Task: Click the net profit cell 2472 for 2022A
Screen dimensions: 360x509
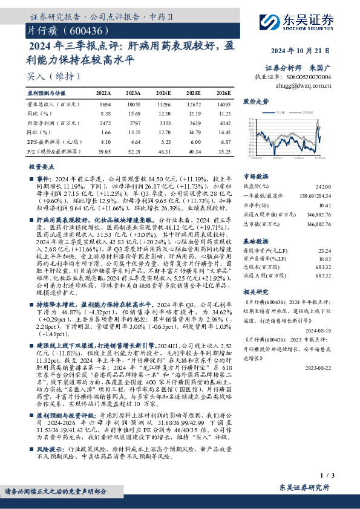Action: (104, 123)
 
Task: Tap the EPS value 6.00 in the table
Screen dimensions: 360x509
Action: (194, 140)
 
